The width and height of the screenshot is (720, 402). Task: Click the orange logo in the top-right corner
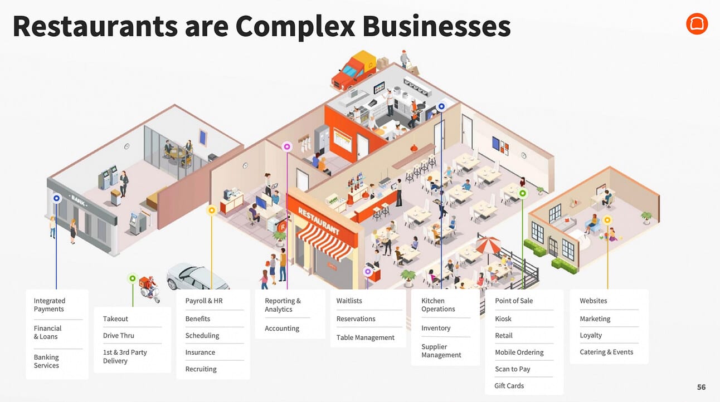click(697, 24)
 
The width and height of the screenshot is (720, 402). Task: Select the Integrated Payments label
click(49, 305)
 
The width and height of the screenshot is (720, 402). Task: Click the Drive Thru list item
click(119, 336)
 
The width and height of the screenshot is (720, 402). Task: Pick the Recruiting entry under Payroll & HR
click(201, 369)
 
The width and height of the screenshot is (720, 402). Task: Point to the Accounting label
click(282, 329)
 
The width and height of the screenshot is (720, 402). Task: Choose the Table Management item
click(365, 337)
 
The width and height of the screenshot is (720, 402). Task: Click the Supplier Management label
click(441, 351)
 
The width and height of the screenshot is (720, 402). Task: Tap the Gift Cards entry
click(509, 386)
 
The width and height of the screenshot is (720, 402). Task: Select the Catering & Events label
click(606, 352)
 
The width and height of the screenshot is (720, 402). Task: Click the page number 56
click(701, 387)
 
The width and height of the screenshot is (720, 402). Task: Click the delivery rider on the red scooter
click(148, 288)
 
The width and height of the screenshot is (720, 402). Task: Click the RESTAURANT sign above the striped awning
click(318, 220)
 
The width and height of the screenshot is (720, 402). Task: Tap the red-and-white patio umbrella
click(488, 243)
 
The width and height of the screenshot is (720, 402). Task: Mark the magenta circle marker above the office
click(287, 147)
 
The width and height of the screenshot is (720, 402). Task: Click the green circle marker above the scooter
click(132, 278)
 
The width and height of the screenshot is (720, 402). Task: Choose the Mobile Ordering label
click(519, 352)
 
